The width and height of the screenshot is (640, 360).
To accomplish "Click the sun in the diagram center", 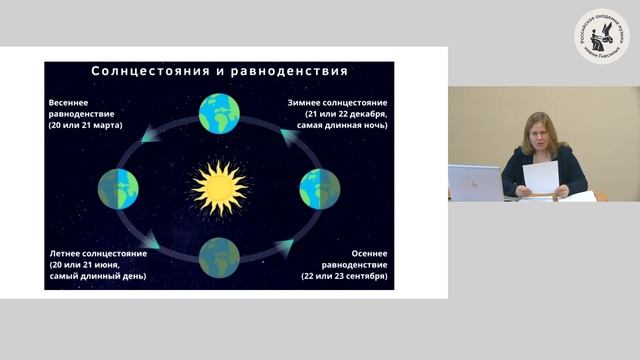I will click(219, 185).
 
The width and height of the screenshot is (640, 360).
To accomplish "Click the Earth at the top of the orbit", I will click(219, 113).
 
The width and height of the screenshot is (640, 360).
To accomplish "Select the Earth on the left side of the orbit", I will click(118, 188).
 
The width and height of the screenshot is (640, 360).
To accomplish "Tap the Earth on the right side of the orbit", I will click(320, 188).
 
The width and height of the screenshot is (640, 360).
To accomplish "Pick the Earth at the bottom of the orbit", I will click(219, 257).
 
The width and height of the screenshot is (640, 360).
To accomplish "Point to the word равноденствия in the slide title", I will click(296, 72).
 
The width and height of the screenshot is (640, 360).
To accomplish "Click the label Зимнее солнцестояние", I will click(338, 102).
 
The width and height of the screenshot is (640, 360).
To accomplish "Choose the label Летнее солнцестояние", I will click(98, 253).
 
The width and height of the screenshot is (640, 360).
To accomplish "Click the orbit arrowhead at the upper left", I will click(150, 135).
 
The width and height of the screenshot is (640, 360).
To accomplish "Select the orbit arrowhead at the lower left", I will click(151, 240).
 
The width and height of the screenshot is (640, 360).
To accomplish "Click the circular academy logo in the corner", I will click(601, 37).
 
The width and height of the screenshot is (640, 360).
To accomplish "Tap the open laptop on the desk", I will click(475, 183).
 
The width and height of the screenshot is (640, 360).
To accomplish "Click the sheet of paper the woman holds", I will click(540, 177).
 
